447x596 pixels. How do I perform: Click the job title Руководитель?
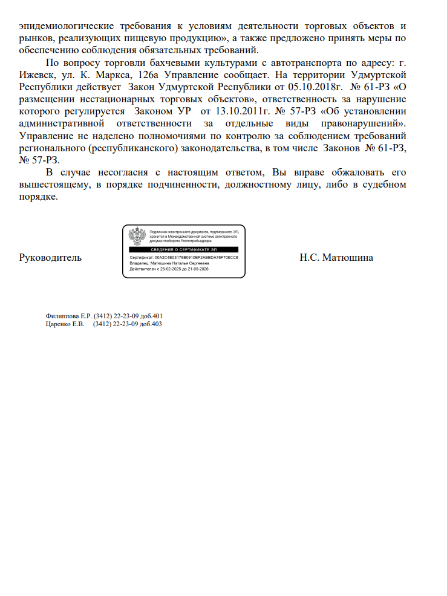point(50,258)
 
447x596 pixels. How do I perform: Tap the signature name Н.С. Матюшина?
point(336,258)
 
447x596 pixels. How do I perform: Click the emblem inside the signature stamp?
point(138,236)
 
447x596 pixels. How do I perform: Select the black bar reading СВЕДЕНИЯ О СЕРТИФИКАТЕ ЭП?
point(184,249)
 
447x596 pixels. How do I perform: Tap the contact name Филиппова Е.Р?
point(68,316)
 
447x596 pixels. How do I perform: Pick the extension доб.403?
point(151,324)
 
